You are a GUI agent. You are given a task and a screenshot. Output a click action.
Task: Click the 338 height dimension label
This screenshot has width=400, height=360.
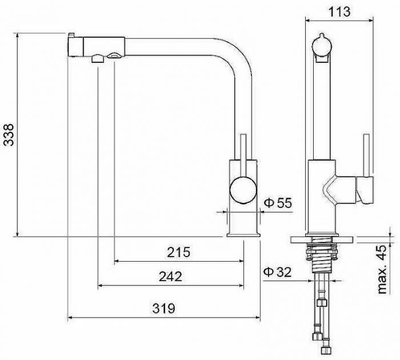click(x=9, y=135)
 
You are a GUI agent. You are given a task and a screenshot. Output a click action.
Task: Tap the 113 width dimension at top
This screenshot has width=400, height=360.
click(x=339, y=11)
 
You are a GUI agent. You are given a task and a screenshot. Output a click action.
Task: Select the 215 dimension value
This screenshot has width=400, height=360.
click(x=178, y=253)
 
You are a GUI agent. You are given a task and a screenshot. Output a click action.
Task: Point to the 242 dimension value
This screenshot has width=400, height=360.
click(x=170, y=277)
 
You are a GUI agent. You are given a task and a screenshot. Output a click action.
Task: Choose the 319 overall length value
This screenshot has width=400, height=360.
click(x=164, y=309)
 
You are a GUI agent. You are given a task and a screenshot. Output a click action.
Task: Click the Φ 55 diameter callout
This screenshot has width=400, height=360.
click(x=278, y=203)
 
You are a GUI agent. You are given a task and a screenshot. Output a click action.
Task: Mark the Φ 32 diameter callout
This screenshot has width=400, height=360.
click(x=277, y=272)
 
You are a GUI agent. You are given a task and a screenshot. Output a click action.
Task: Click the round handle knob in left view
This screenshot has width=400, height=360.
click(x=243, y=190)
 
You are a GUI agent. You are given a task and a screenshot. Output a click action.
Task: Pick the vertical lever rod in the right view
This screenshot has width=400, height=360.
click(x=367, y=155)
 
